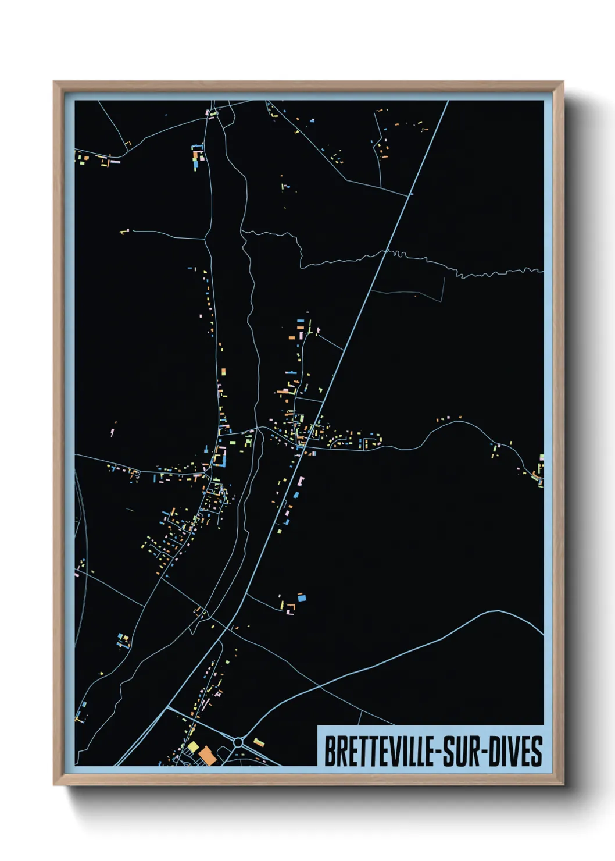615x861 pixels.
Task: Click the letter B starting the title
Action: tap(329, 752)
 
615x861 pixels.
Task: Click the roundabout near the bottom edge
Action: tap(238, 742)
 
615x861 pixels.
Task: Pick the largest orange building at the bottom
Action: tap(208, 756)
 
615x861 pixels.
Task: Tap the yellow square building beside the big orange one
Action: tap(193, 746)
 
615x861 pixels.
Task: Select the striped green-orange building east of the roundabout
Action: tap(259, 742)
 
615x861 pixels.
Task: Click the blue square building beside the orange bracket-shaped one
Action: tap(302, 597)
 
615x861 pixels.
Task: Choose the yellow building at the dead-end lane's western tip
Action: tap(123, 232)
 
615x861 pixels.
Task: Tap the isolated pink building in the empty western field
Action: tap(112, 432)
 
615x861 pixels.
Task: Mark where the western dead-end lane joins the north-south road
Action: tap(205, 239)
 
